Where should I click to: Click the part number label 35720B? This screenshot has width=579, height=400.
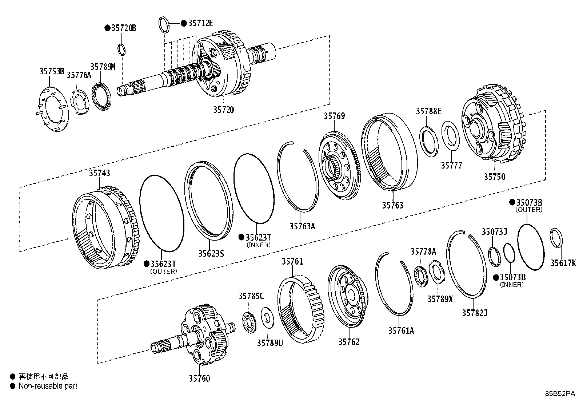(x=124, y=28)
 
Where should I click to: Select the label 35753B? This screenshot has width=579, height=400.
(x=52, y=71)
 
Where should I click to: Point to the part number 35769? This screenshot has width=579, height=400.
(x=334, y=116)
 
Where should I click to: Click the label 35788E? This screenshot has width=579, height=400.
(x=428, y=111)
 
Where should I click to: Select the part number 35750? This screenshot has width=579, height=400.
(x=494, y=177)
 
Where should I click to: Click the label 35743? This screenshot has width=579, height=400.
(x=99, y=173)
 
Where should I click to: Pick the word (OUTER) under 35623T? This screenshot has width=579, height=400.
(x=163, y=271)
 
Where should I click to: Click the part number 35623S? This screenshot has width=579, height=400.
(x=211, y=253)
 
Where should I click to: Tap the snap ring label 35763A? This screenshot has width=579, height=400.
(x=302, y=226)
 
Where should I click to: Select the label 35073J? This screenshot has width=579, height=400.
(x=494, y=231)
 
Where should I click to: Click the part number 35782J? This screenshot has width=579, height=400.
(x=475, y=312)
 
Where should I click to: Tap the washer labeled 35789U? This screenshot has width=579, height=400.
(x=268, y=317)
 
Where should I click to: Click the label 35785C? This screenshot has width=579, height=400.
(x=251, y=296)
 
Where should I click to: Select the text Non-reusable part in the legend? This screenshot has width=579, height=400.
(x=48, y=386)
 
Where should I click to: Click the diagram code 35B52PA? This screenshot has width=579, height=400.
(x=560, y=394)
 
